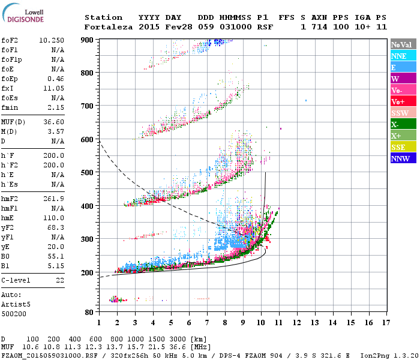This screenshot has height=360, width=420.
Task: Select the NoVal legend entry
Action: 403,44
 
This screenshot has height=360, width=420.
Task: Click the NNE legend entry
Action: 403,56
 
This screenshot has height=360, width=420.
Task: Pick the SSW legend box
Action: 403,113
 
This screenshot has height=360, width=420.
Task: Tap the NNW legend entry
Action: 403,158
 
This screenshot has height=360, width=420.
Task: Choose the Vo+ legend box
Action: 403,101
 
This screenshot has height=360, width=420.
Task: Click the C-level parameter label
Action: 16,280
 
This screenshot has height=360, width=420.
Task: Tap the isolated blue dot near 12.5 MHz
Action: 306,100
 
